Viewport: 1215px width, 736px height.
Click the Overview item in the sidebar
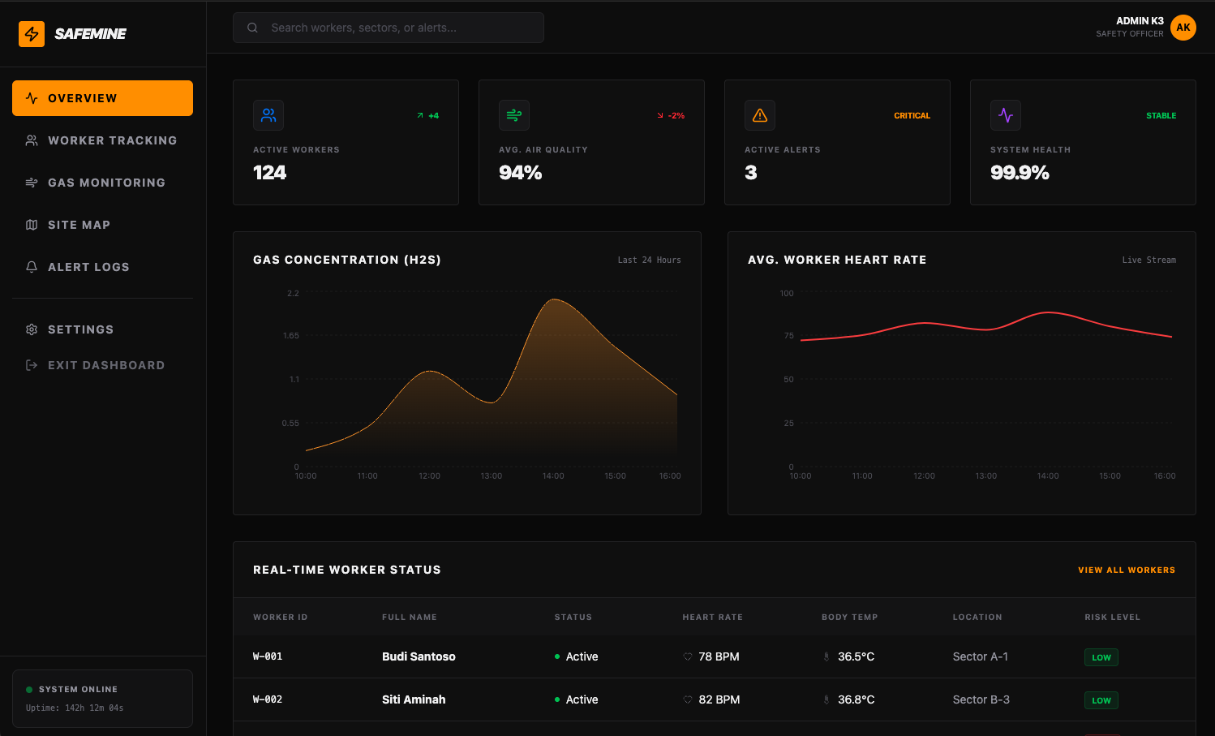102,98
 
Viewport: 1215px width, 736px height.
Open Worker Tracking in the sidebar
102,140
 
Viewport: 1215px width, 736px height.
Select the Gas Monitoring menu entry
102,183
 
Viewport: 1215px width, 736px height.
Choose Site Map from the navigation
79,225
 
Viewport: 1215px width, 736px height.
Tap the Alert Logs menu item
88,267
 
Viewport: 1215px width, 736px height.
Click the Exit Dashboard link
105,365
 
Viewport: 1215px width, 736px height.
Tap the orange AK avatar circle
1183,28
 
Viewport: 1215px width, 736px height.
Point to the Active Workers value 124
270,173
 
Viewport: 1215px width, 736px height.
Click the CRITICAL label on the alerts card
912,116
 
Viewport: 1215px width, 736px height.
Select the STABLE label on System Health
1161,116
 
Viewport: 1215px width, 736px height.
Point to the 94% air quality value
521,173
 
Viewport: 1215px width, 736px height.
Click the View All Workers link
1126,570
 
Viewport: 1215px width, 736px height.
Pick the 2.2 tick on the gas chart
293,293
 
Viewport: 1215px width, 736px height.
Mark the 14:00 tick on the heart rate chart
1048,476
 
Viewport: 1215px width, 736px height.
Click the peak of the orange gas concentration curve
555,300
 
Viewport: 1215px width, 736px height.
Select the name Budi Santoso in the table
419,656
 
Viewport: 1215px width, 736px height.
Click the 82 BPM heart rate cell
719,699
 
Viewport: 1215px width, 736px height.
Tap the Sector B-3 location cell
981,699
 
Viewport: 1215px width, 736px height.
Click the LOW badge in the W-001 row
1101,657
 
